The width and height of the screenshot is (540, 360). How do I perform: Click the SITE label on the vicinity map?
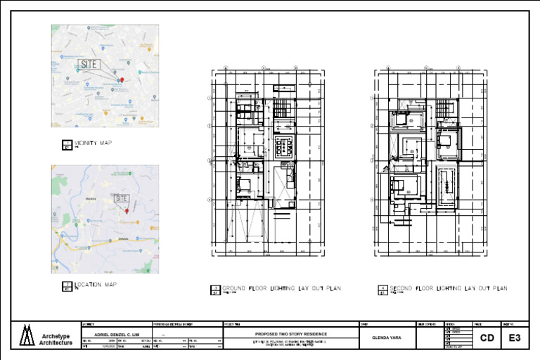pyautogui.click(x=89, y=64)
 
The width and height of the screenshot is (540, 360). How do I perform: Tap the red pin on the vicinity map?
pyautogui.click(x=122, y=80)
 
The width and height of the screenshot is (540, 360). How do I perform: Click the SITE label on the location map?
pyautogui.click(x=122, y=198)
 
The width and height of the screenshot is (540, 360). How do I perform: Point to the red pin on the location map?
pyautogui.click(x=127, y=210)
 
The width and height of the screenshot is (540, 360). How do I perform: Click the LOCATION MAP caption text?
pyautogui.click(x=96, y=285)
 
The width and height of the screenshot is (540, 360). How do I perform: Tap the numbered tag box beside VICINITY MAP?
pyautogui.click(x=67, y=145)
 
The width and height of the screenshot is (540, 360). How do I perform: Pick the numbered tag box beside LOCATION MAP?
pyautogui.click(x=67, y=286)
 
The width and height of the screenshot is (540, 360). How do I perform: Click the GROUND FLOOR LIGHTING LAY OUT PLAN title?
pyautogui.click(x=281, y=289)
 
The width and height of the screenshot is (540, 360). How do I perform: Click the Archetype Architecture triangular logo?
pyautogui.click(x=27, y=335)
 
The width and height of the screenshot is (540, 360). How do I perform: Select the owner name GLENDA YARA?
pyautogui.click(x=387, y=337)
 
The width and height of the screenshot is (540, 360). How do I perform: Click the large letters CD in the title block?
pyautogui.click(x=487, y=338)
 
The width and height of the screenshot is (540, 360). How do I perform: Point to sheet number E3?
pyautogui.click(x=515, y=338)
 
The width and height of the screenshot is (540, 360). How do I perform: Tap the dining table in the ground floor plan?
pyautogui.click(x=285, y=146)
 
